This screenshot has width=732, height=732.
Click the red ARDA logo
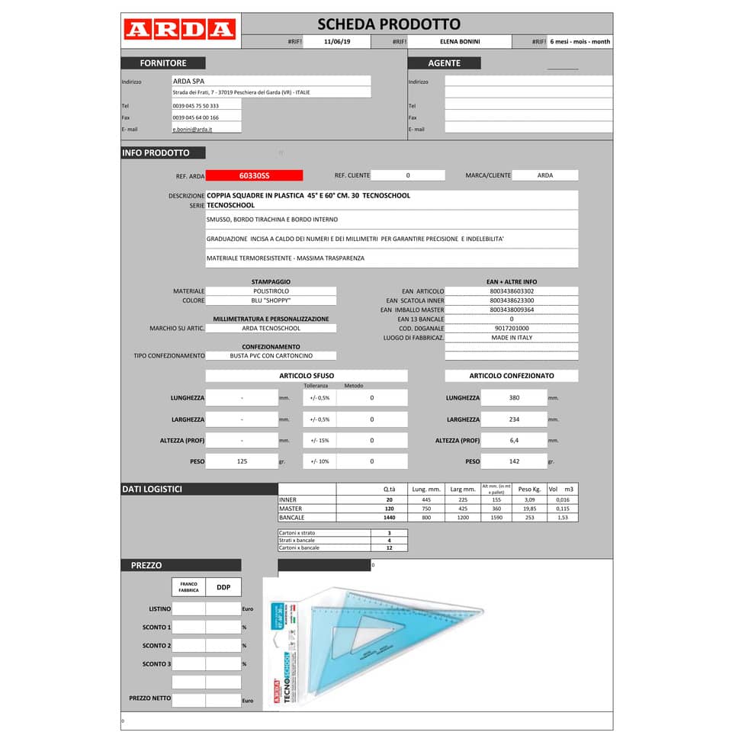click(x=179, y=30)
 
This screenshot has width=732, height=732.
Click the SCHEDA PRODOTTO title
click(x=388, y=24)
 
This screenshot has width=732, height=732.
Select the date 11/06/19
click(x=336, y=42)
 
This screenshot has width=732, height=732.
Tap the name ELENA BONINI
click(x=460, y=42)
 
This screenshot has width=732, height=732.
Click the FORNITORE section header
click(x=162, y=63)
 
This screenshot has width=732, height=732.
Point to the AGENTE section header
click(x=444, y=63)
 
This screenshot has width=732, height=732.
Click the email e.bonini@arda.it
click(x=192, y=130)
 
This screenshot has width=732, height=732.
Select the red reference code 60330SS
click(x=254, y=175)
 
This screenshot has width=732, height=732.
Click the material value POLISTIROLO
click(x=271, y=291)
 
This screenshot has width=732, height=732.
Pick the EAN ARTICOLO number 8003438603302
click(x=512, y=291)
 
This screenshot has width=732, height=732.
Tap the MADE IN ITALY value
click(x=512, y=337)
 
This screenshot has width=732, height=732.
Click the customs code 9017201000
click(x=512, y=328)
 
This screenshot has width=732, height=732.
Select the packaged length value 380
click(x=514, y=398)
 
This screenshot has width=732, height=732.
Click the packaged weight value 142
click(x=514, y=461)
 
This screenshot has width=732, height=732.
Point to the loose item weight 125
click(x=242, y=461)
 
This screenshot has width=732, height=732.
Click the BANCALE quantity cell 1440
click(x=389, y=517)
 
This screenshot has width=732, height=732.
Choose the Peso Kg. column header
click(x=529, y=489)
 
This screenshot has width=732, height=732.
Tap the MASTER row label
click(x=291, y=508)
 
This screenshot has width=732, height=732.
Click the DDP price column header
click(x=223, y=587)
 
